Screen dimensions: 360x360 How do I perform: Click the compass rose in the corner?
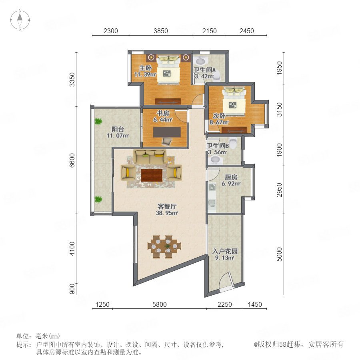pos(20,20)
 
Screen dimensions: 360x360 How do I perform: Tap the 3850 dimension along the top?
pos(161,31)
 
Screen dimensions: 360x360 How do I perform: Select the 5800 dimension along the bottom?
pos(160,304)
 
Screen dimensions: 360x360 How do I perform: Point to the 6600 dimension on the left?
pos(72,160)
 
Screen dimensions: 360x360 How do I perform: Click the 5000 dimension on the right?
pos(279,254)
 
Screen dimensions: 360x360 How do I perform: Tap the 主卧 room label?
pos(146,68)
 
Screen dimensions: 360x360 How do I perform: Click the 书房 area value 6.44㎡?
pos(163,119)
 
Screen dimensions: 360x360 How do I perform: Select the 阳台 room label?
pos(118,129)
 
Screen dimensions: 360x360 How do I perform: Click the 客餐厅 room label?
pos(167,206)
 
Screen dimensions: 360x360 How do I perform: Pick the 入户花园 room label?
pos(225,251)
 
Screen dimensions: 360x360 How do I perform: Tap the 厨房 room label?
pos(231,177)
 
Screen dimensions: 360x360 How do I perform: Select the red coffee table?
pos(152,175)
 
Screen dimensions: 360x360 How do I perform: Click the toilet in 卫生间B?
pos(233,143)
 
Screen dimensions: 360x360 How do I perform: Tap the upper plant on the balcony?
pos(98,121)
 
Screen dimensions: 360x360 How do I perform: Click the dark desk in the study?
pos(167,132)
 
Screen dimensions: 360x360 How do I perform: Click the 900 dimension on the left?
pos(72,289)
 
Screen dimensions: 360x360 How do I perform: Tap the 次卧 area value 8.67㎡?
pos(219,122)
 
